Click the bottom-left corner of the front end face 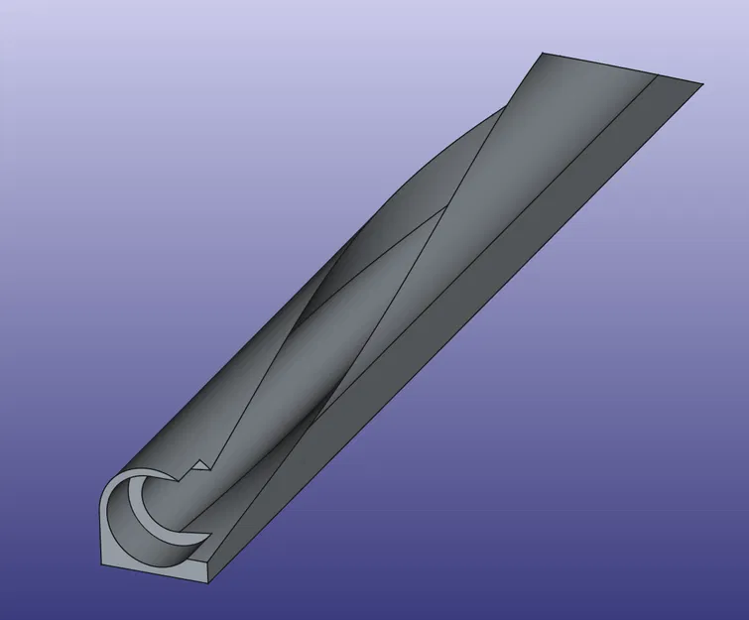pyautogui.click(x=107, y=568)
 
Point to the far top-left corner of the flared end pyautogui.click(x=542, y=54)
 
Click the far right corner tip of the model pyautogui.click(x=702, y=82)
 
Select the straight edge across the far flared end pyautogui.click(x=615, y=67)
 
